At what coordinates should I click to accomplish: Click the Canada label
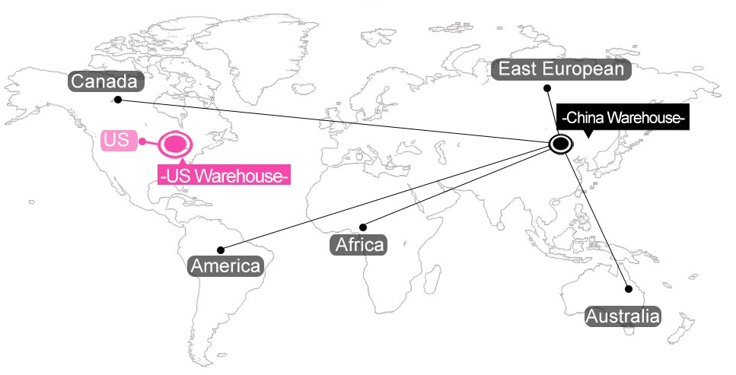(105, 81)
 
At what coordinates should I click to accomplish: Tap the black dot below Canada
(118, 100)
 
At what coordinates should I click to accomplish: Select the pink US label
(119, 141)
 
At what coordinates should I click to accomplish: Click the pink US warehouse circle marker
(175, 144)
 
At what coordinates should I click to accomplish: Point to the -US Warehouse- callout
(224, 175)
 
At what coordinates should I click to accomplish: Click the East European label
(561, 69)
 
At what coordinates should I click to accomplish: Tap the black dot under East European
(546, 87)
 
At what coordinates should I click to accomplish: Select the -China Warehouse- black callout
(623, 117)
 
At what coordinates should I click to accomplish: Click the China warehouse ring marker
(560, 144)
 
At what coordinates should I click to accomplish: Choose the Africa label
(359, 245)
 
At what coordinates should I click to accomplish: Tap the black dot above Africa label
(363, 227)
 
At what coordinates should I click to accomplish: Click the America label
(226, 266)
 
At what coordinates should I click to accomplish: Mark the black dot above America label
(221, 250)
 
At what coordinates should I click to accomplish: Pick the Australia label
(623, 316)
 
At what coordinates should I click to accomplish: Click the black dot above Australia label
(629, 289)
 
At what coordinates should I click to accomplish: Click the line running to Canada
(333, 120)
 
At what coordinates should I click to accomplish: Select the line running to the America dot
(385, 198)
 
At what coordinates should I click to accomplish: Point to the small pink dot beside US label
(142, 141)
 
